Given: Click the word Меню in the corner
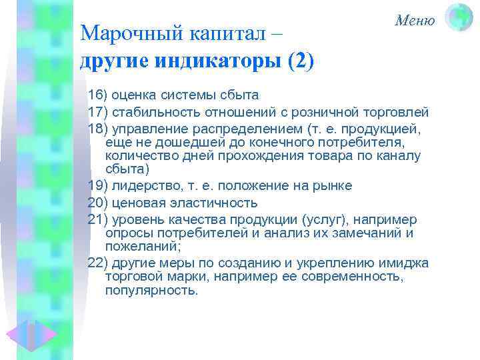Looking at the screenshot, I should (x=415, y=20).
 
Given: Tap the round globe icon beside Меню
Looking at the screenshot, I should (x=459, y=17).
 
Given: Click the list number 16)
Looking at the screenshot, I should (x=98, y=95).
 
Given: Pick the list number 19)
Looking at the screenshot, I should (x=98, y=185).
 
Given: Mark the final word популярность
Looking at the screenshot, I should (x=152, y=291).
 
